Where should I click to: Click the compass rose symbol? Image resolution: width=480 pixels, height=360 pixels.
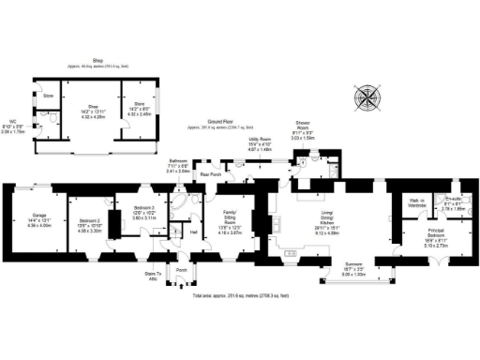[x=367, y=98]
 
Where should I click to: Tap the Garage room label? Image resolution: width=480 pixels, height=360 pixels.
[x=37, y=217]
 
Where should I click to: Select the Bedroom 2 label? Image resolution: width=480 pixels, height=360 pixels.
[x=90, y=219]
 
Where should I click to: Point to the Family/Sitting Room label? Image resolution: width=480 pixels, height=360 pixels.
[x=230, y=223]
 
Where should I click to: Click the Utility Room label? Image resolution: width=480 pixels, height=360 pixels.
[x=260, y=142]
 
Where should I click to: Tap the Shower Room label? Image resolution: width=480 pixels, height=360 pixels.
[x=303, y=128]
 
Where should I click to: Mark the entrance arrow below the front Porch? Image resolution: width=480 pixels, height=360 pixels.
[x=182, y=287]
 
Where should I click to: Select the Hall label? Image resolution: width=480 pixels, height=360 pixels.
[x=193, y=232]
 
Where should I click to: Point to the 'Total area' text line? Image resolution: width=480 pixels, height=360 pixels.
[x=239, y=295]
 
